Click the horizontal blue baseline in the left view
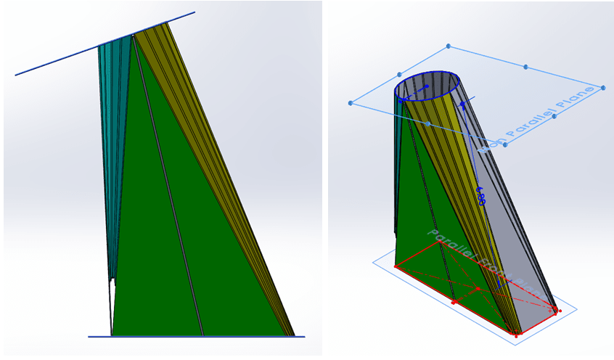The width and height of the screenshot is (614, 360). (196, 337)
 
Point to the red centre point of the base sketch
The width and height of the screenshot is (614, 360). (478, 289)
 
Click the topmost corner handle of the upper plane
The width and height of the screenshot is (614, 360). (448, 46)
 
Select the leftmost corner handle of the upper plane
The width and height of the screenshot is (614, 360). (350, 103)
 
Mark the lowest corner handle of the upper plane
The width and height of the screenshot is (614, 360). (505, 144)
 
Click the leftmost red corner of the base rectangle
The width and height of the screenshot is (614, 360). (396, 266)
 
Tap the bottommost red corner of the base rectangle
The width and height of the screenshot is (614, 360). (516, 335)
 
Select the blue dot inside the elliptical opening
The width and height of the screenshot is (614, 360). (427, 86)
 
